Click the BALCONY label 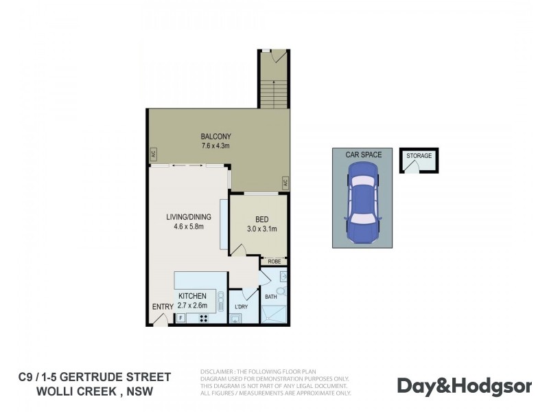click(215, 136)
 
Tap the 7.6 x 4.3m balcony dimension click(215, 146)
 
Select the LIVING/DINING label click(188, 217)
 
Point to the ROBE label click(274, 262)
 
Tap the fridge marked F click(180, 318)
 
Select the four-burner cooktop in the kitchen click(203, 318)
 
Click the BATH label click(270, 297)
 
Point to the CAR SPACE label click(364, 155)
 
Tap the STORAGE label click(419, 156)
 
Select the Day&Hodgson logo click(465, 386)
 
